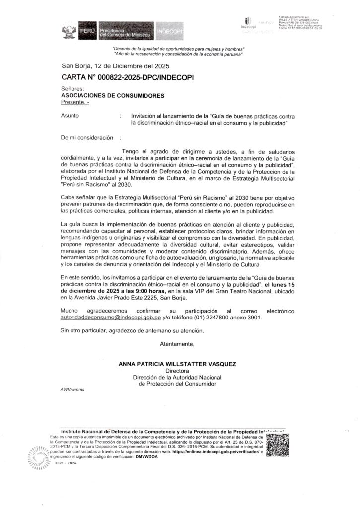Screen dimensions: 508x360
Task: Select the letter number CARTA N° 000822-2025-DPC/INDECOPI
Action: pos(127,78)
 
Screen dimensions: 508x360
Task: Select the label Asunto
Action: pos(70,115)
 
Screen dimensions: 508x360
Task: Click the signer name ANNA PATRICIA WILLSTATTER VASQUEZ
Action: pos(177,364)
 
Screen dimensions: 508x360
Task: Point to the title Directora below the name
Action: pos(177,371)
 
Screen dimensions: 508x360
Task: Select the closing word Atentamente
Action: pos(177,343)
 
